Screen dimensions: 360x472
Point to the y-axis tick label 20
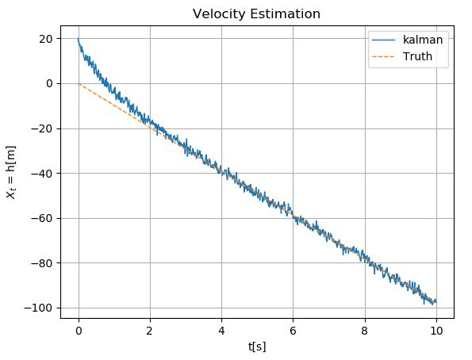[46, 38]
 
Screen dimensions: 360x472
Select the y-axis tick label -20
[44, 128]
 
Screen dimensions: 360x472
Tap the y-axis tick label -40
[44, 173]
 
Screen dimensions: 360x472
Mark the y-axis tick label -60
[44, 218]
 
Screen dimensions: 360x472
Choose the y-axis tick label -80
[44, 262]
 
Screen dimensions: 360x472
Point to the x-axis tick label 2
[150, 329]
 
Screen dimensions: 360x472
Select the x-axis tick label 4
[221, 329]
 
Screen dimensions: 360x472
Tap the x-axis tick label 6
[293, 329]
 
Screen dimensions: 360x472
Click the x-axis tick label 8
[365, 329]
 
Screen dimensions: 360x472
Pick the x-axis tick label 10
[436, 329]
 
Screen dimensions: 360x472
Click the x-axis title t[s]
[257, 346]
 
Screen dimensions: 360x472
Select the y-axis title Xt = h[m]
[13, 171]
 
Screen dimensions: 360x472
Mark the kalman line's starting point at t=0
[79, 39]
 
